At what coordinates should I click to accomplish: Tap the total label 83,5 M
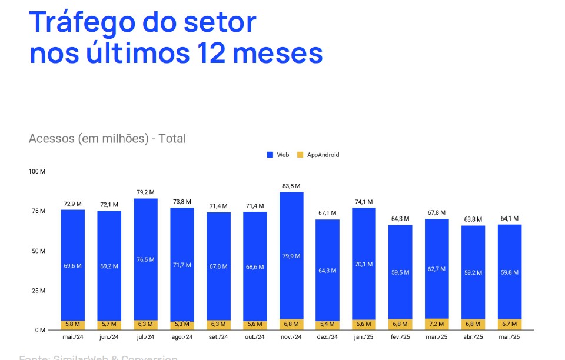click(x=291, y=186)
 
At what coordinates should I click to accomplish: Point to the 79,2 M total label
click(x=145, y=192)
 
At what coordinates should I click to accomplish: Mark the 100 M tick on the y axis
click(x=37, y=171)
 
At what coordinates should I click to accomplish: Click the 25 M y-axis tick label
click(x=39, y=291)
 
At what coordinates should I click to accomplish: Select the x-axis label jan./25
click(x=364, y=337)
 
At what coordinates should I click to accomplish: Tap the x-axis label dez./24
click(x=327, y=337)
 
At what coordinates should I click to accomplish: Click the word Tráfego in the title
click(x=80, y=23)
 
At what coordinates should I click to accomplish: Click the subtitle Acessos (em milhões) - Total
click(x=107, y=139)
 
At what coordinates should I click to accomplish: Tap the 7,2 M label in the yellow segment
click(x=437, y=324)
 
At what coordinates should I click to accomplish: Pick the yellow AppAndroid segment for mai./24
click(x=73, y=325)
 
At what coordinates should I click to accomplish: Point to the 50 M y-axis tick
click(x=39, y=251)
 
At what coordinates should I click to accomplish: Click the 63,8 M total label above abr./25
click(x=473, y=219)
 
